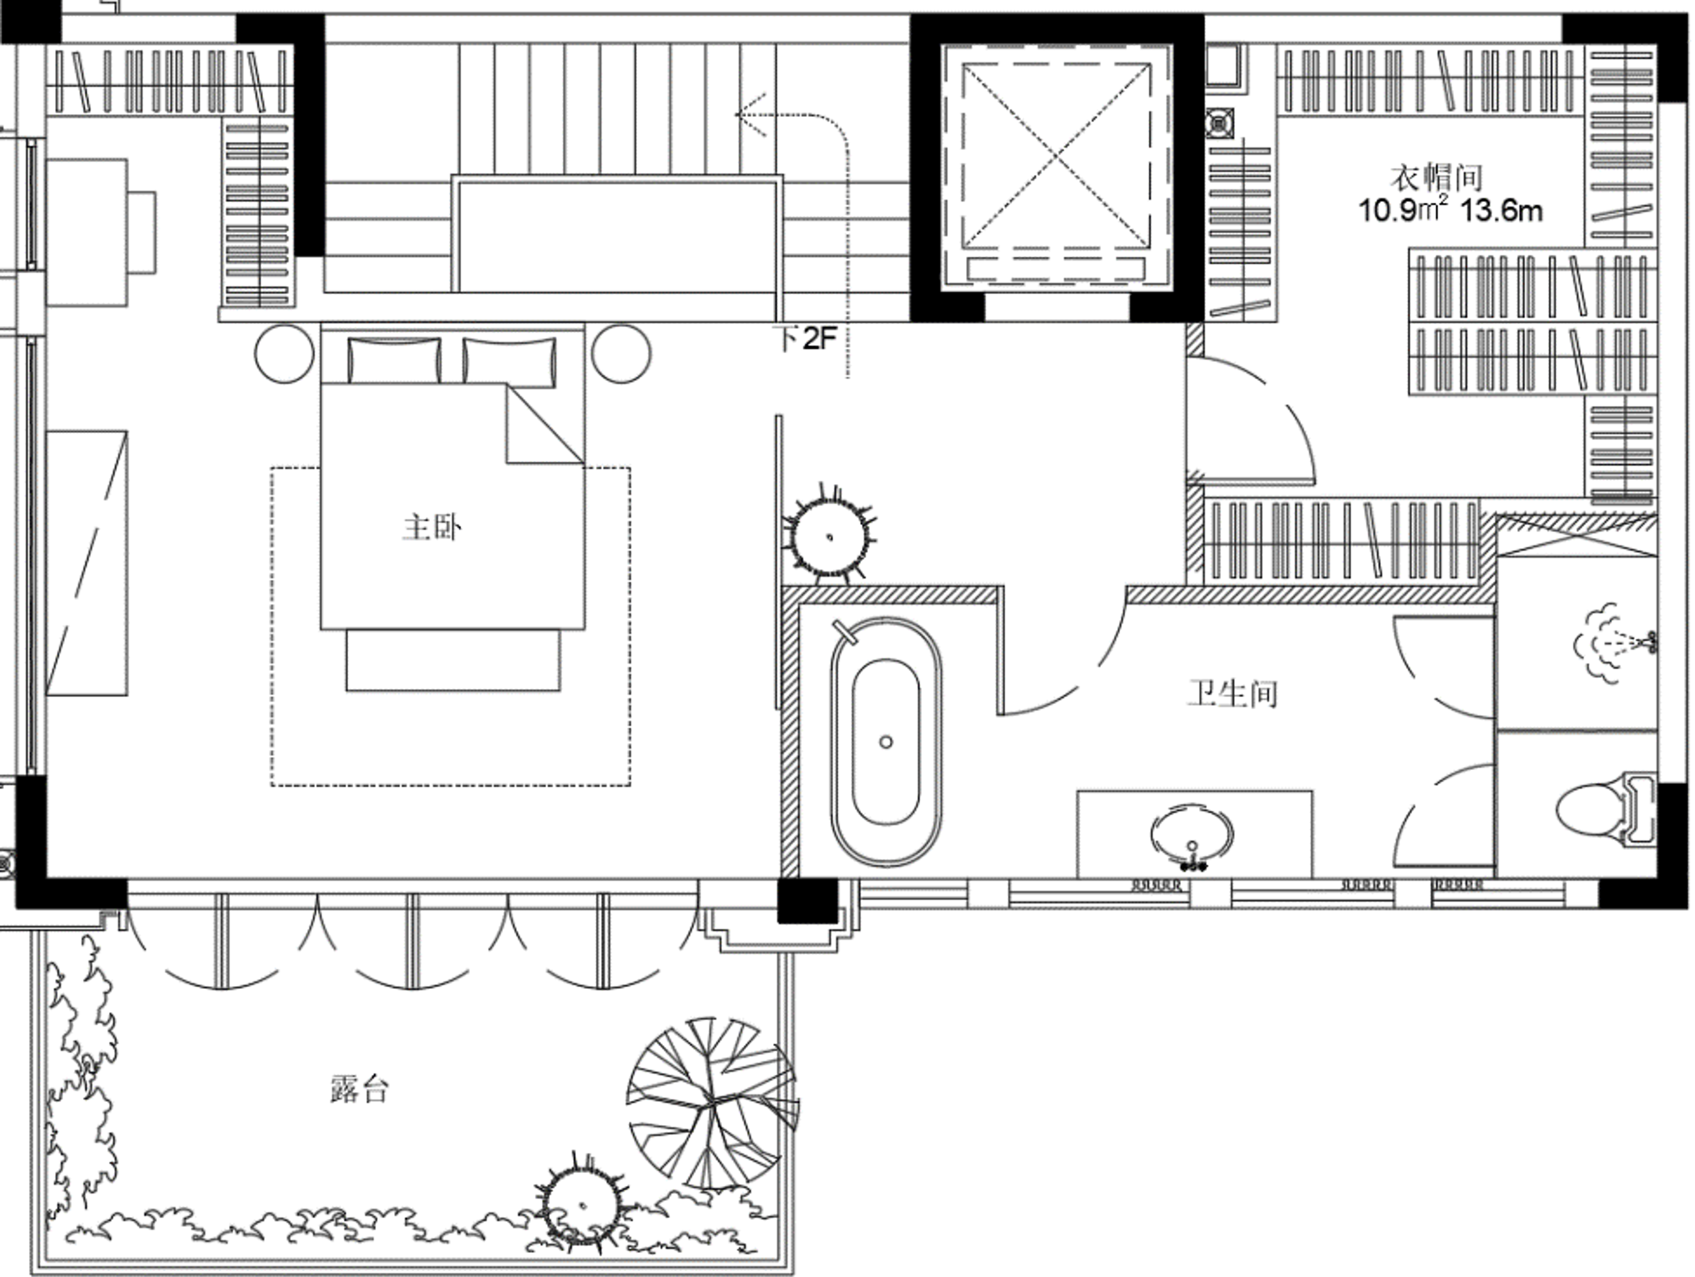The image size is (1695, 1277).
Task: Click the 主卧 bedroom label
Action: [432, 529]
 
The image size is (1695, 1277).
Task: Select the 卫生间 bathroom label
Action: [1232, 694]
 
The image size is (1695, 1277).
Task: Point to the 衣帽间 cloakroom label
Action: [1436, 178]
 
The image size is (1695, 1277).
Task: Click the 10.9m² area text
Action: [1403, 209]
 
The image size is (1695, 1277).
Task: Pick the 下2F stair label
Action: [805, 338]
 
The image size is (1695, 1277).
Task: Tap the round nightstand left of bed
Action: [284, 353]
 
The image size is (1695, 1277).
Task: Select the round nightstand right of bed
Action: [622, 353]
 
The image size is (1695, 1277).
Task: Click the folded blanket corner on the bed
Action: [544, 424]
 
